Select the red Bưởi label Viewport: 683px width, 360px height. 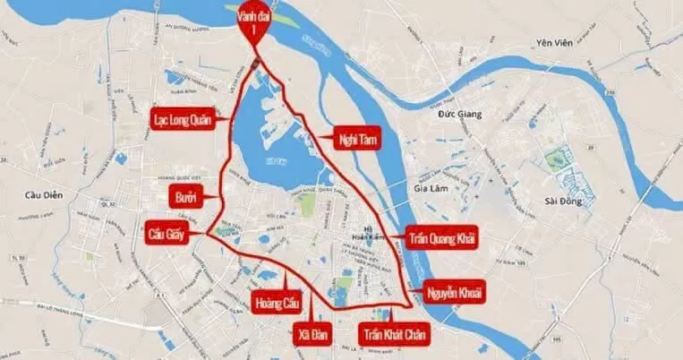tap(186, 195)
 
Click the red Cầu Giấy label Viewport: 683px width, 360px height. tap(170, 236)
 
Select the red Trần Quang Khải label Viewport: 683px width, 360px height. tap(442, 236)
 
